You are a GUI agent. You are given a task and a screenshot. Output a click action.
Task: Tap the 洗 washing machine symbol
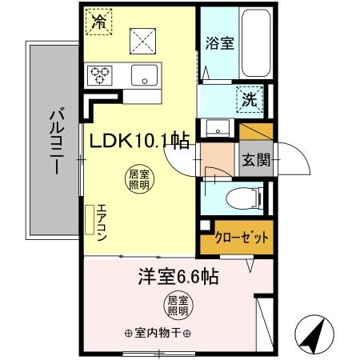pyautogui.click(x=249, y=101)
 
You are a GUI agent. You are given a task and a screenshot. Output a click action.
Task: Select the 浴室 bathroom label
pyautogui.click(x=219, y=43)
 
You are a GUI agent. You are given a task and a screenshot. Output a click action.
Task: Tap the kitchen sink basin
pyautogui.click(x=145, y=77)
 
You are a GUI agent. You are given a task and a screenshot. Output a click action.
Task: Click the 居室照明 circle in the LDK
pyautogui.click(x=138, y=177)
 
